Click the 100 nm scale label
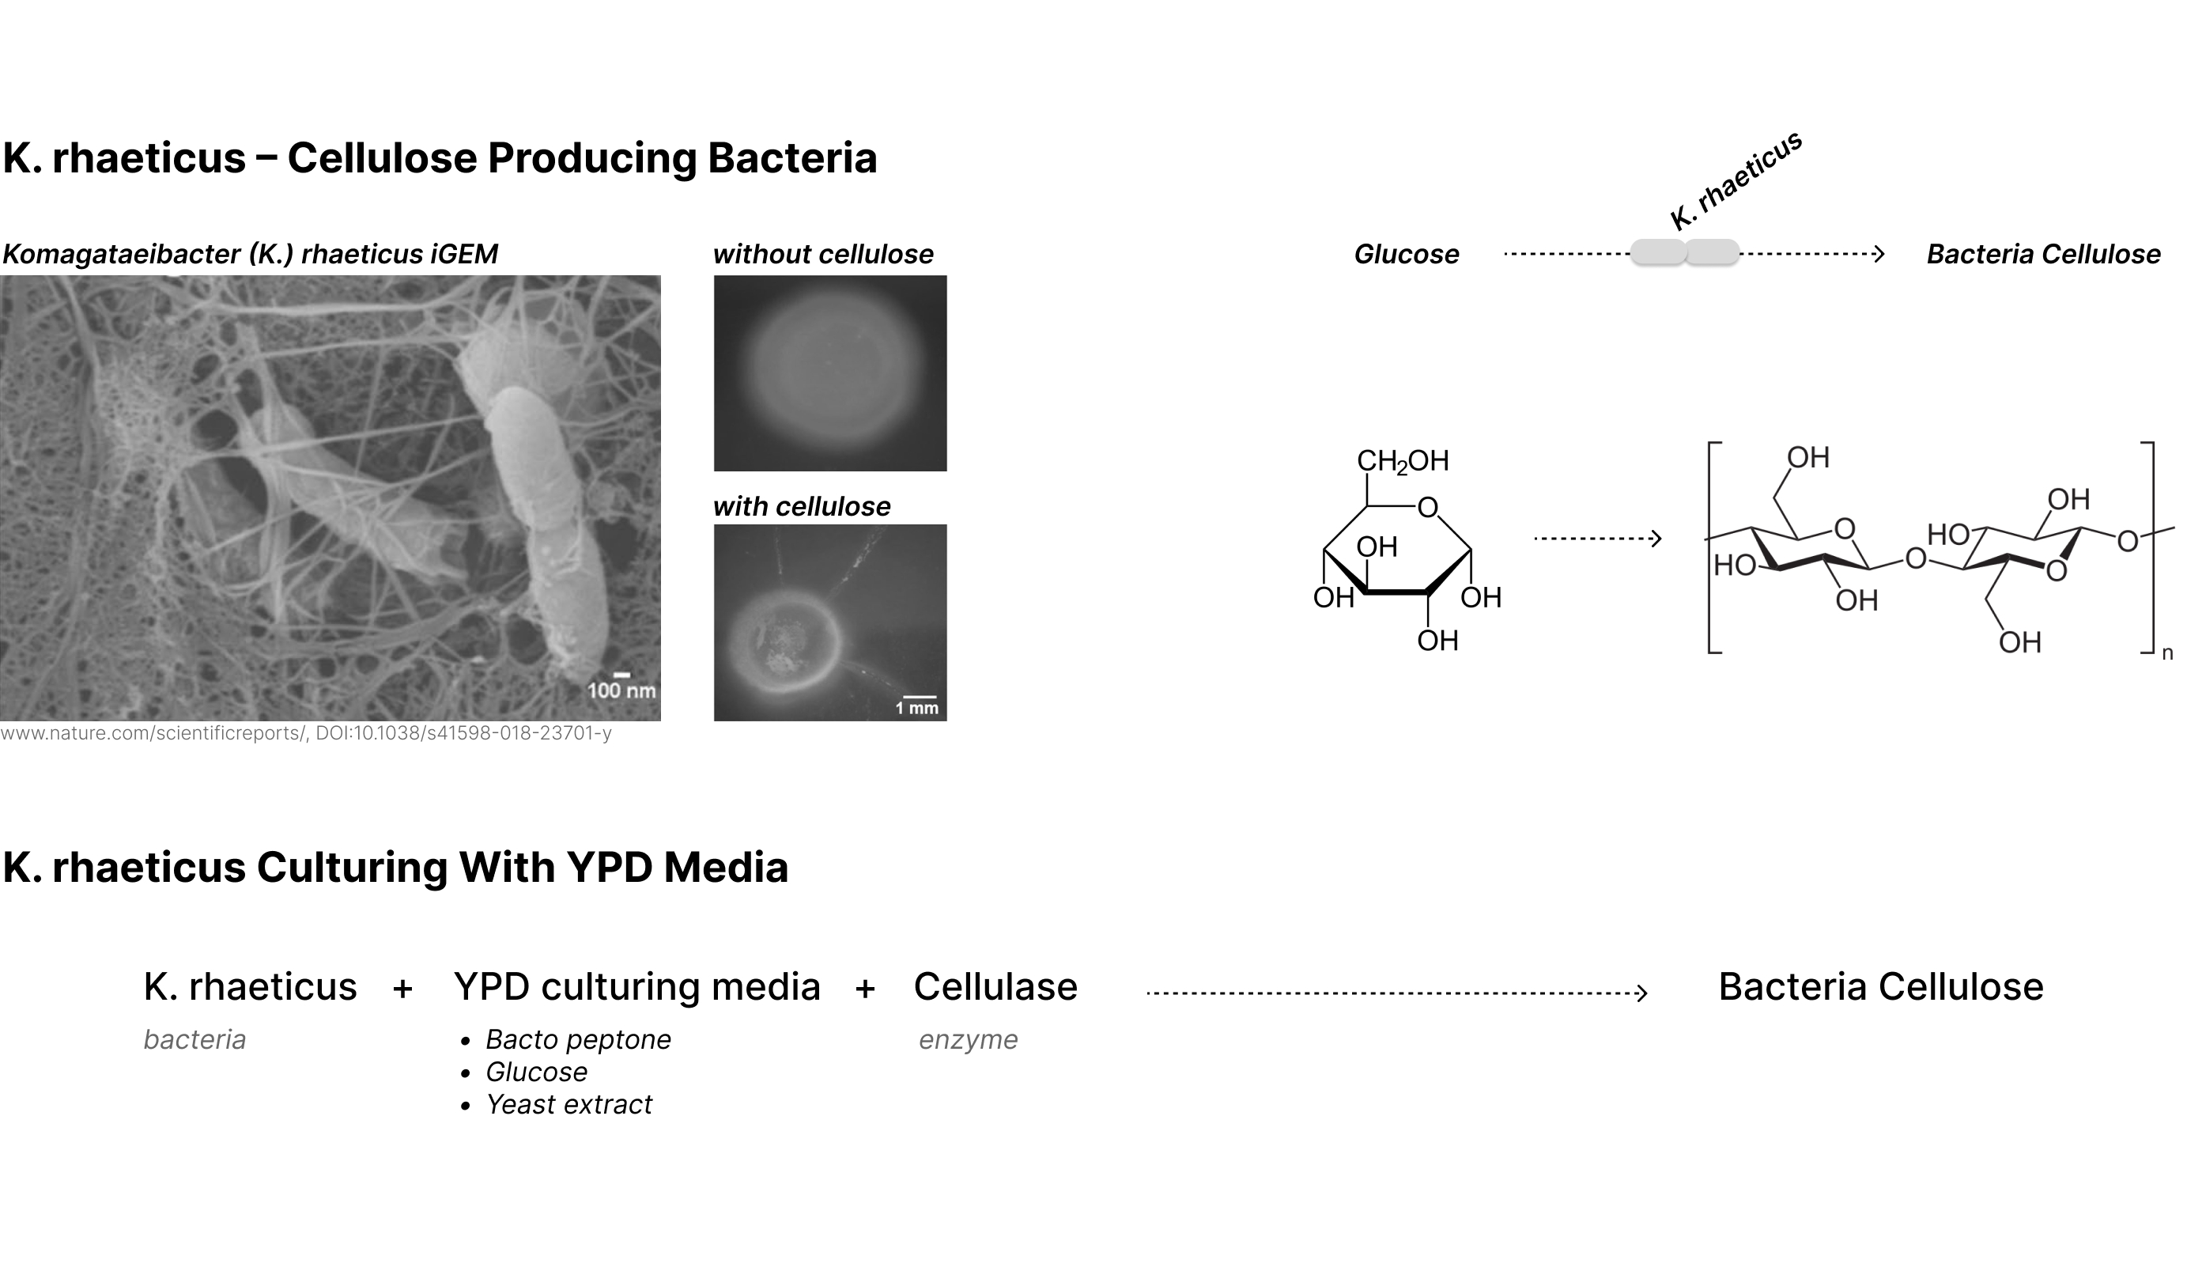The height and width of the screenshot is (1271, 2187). [621, 690]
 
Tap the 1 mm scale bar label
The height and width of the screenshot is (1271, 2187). [916, 709]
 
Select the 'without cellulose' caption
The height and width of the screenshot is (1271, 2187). [823, 255]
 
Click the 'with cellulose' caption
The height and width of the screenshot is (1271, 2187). [801, 506]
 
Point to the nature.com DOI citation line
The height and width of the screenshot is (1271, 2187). [305, 734]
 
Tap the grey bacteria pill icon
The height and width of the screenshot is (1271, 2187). [1684, 252]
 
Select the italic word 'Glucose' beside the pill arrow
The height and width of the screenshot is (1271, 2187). [1406, 255]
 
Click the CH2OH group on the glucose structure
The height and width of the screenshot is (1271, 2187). [1403, 461]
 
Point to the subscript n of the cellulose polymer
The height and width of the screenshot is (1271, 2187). [2166, 654]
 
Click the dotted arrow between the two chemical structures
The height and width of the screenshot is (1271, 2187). [1597, 539]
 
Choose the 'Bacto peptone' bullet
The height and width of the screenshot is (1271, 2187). [578, 1039]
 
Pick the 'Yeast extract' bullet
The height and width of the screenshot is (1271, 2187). [568, 1104]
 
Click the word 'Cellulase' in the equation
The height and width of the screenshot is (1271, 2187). [995, 987]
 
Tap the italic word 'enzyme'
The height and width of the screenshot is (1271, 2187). [968, 1039]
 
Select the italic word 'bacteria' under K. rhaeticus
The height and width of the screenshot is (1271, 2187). [195, 1039]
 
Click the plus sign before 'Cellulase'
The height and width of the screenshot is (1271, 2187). [864, 989]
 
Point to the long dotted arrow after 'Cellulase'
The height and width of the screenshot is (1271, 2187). [1396, 993]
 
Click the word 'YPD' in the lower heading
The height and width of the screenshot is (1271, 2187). [608, 868]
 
